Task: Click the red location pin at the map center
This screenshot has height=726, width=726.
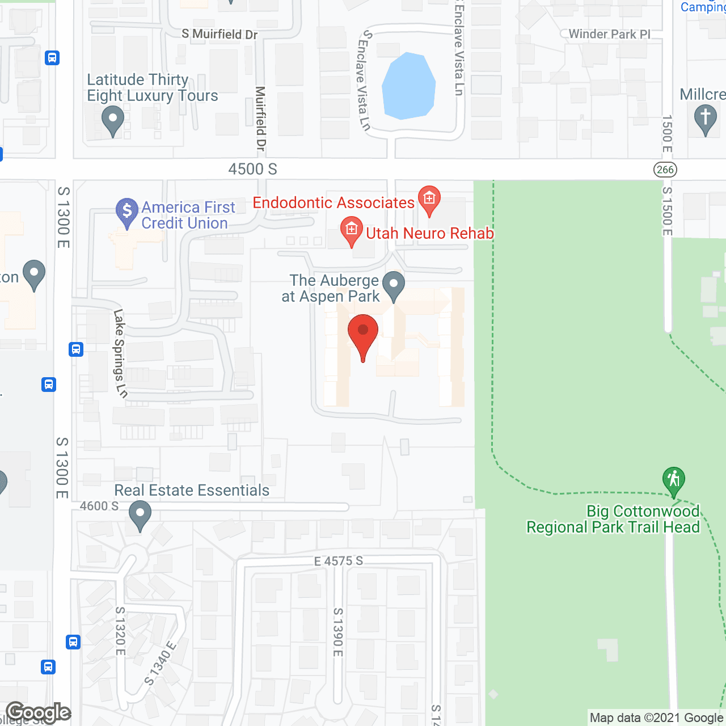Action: tap(363, 335)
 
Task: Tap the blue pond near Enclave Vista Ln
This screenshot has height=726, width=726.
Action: tap(408, 86)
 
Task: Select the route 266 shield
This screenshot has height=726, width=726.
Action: tap(665, 170)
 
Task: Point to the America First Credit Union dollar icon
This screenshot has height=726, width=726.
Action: tap(127, 211)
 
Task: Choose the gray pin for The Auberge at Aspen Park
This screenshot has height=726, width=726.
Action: tap(394, 285)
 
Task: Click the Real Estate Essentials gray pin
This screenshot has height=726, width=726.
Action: tap(140, 515)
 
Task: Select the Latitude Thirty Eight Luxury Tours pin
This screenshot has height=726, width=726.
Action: tap(113, 121)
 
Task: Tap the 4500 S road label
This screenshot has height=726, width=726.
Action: tap(253, 169)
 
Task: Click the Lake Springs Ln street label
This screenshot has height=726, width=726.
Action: tap(120, 353)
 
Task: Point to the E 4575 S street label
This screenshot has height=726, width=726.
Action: tap(339, 561)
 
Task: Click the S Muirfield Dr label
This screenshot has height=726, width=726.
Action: tap(220, 34)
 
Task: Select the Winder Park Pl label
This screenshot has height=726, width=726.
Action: tap(609, 34)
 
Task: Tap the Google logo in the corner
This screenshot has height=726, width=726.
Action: tap(39, 712)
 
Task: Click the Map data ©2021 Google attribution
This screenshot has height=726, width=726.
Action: tap(657, 718)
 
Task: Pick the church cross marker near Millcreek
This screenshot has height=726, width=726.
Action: tap(705, 120)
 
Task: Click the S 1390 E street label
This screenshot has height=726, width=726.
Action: tap(338, 632)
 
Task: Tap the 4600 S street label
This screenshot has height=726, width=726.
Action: tap(99, 505)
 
